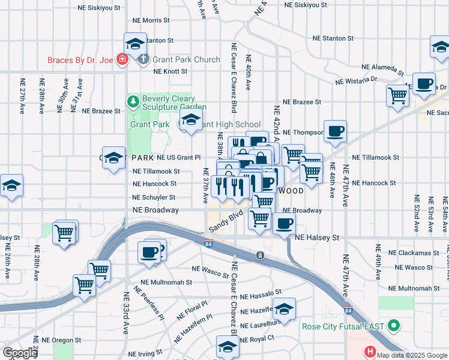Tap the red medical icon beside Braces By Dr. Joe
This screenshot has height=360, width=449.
click(122, 59)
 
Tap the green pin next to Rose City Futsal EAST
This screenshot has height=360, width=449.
click(394, 327)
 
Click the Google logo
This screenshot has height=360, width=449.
click(20, 353)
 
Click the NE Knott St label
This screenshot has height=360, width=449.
click(170, 71)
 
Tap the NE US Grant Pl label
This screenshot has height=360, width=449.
click(178, 157)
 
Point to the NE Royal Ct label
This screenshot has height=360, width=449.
click(257, 339)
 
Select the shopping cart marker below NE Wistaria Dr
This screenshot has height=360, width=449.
click(397, 94)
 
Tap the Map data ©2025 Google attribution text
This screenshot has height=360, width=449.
click(412, 355)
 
